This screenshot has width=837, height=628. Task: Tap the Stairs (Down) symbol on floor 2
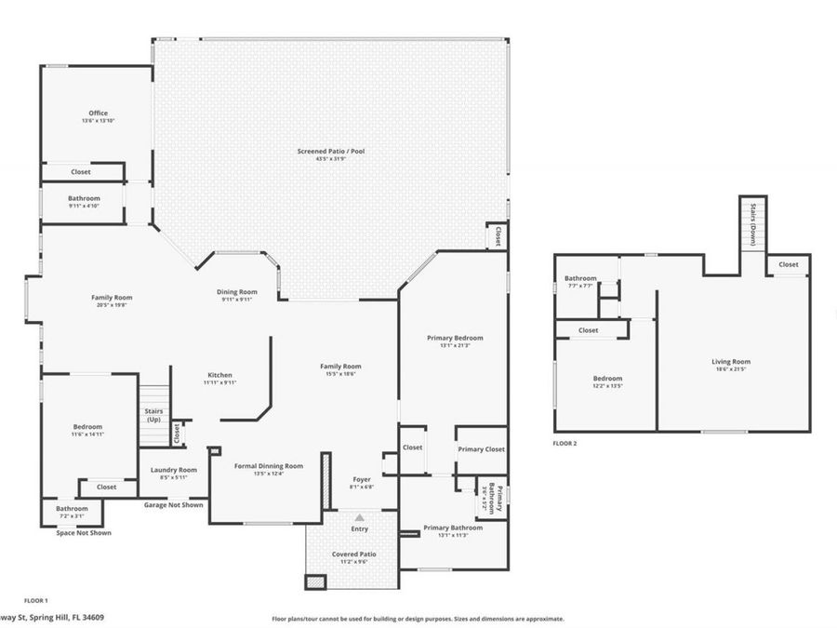(x=751, y=223)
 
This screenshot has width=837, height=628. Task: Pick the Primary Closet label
(x=482, y=449)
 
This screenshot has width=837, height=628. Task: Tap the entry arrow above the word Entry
(x=359, y=516)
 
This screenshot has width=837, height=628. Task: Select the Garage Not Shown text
(x=174, y=505)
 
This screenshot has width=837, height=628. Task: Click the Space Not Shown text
(x=84, y=533)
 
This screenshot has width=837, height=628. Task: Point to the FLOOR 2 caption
(x=565, y=444)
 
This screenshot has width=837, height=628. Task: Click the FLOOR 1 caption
(x=35, y=600)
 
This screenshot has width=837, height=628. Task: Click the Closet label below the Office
(x=81, y=172)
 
